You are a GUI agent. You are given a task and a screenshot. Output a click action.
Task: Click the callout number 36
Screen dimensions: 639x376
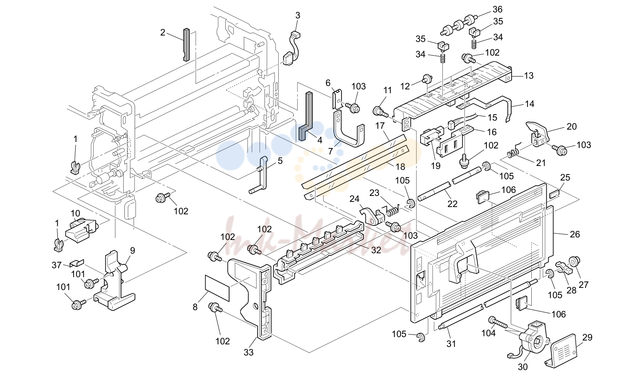pos(498,9)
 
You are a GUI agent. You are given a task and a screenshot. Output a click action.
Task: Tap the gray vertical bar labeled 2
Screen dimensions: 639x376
pos(186,44)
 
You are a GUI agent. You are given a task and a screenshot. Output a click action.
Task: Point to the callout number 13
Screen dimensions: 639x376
pos(529,76)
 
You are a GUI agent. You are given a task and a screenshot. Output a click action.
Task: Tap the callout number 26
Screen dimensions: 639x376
pos(575,234)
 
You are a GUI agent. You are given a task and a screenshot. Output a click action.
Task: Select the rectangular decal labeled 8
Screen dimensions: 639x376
pos(217,288)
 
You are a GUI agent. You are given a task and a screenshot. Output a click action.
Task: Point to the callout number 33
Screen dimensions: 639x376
pos(248,352)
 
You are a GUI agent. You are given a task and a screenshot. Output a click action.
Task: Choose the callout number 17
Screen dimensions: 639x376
pos(380,126)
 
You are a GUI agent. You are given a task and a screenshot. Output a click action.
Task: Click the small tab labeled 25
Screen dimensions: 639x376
pos(554,195)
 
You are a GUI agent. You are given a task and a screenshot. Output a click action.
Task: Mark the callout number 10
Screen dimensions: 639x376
pos(75,213)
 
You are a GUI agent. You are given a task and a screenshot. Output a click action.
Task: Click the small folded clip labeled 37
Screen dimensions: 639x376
pos(77,263)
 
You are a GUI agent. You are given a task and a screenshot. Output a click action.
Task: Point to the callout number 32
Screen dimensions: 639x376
pos(376,250)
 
